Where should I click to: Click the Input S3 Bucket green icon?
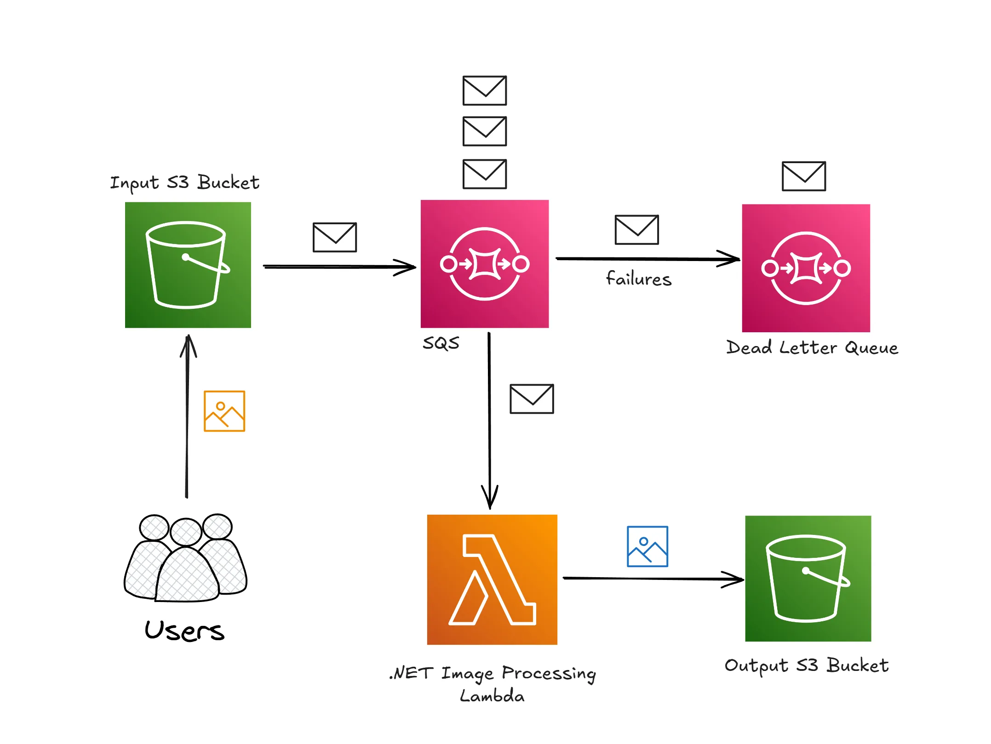click(x=188, y=265)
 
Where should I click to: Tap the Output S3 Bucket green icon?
click(x=808, y=579)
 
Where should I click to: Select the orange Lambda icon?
click(x=492, y=579)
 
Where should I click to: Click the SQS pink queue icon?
click(x=485, y=264)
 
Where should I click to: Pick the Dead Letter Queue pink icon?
click(x=806, y=268)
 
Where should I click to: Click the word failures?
click(x=639, y=279)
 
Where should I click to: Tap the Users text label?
click(x=184, y=630)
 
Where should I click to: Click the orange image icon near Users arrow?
click(x=224, y=411)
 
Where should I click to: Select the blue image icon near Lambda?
click(x=647, y=546)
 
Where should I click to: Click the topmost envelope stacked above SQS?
click(x=485, y=91)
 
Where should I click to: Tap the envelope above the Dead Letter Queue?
click(x=804, y=176)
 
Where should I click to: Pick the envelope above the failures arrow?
click(x=637, y=230)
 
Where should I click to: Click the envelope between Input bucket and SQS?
click(x=335, y=238)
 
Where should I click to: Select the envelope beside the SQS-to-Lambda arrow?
click(x=532, y=399)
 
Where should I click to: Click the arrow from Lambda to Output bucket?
click(x=653, y=579)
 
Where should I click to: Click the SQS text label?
click(x=441, y=343)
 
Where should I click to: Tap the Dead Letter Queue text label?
click(x=812, y=348)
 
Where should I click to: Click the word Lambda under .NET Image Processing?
click(x=492, y=696)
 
